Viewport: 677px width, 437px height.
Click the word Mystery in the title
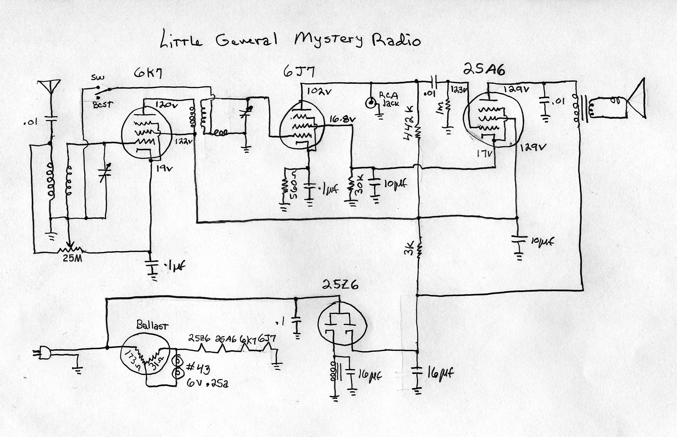point(329,40)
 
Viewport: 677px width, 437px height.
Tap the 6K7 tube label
point(148,74)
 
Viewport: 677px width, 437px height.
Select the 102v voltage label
point(319,92)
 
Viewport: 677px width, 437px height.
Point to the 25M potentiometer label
point(73,259)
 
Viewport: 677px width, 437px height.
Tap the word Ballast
point(152,325)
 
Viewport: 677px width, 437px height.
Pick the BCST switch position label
point(103,104)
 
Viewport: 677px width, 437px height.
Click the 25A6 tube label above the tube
point(484,69)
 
